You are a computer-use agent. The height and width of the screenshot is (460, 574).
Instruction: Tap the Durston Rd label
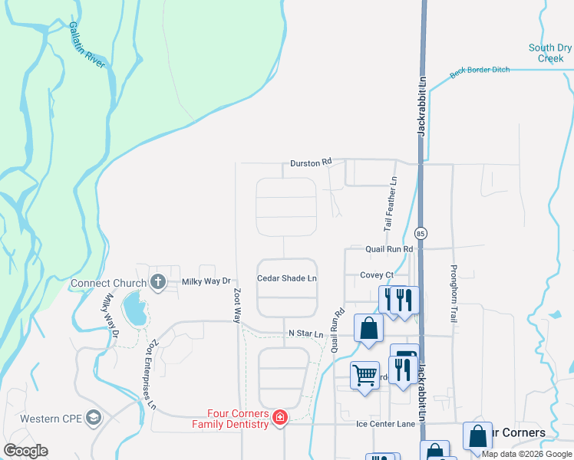[311, 163]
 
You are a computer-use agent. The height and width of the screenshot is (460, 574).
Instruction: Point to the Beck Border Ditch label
[480, 71]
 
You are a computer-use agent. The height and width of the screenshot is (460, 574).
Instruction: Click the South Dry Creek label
[550, 53]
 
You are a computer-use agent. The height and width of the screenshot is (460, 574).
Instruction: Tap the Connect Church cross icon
[159, 281]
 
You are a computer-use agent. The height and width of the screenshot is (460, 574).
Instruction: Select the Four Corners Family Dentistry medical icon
[281, 418]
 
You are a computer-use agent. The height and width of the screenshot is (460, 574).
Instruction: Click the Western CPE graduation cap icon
[94, 418]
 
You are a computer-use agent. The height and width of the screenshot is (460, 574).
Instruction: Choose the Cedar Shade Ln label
[286, 278]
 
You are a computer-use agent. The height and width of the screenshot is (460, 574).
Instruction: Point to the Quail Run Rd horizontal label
[389, 249]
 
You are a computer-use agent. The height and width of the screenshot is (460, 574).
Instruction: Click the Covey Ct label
[377, 275]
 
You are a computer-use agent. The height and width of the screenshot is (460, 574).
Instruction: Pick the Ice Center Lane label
[386, 424]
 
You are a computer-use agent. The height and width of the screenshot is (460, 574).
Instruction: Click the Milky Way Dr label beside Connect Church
[206, 281]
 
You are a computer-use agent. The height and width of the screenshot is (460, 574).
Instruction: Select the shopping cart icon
[365, 375]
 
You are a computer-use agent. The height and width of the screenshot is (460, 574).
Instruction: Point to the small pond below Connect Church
[134, 310]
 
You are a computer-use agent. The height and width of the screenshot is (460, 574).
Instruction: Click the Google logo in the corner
[25, 451]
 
